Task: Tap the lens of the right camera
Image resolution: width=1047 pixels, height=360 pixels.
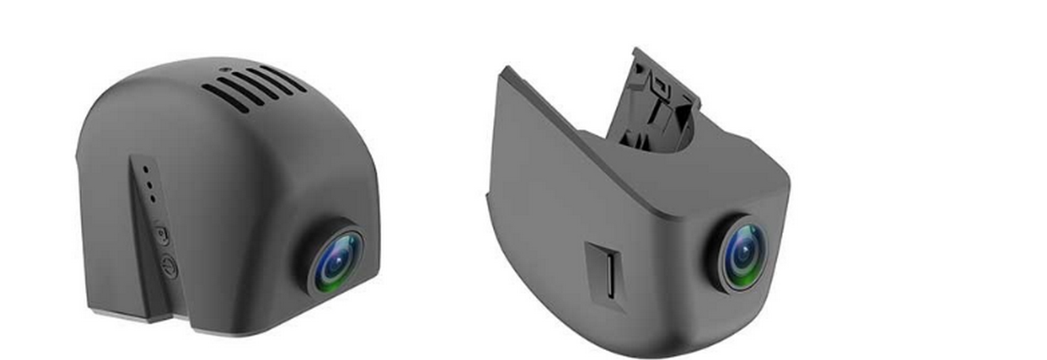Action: coord(743,251)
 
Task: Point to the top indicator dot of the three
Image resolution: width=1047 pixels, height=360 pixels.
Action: coord(146,170)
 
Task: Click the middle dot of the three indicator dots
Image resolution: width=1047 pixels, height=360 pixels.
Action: coord(149,184)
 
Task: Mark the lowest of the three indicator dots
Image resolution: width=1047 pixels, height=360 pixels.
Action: coord(152,199)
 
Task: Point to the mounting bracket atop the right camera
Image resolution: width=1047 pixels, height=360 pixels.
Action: coord(654,102)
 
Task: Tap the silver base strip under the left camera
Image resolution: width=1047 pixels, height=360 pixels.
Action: coord(123,312)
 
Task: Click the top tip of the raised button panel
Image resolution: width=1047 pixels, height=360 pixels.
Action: coord(133,158)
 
